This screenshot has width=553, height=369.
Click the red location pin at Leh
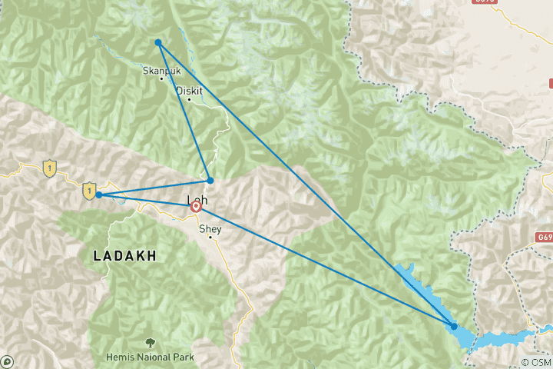tap(196, 206)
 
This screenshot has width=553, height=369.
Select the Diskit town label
tap(190, 91)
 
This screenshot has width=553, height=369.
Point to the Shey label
tap(210, 229)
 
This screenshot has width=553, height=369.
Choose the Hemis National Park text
tap(151, 357)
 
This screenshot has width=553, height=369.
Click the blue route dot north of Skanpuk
tap(157, 42)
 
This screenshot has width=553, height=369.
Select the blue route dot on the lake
tap(454, 327)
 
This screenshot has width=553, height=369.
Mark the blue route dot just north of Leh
tap(210, 181)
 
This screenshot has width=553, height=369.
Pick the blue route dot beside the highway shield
tap(99, 195)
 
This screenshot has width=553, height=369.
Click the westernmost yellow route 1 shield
tap(50, 166)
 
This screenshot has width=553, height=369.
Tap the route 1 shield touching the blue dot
tap(90, 188)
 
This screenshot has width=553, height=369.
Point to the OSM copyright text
tap(535, 361)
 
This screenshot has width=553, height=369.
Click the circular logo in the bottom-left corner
tap(7, 361)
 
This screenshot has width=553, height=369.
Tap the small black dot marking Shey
tap(210, 238)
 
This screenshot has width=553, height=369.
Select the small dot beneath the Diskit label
tap(189, 99)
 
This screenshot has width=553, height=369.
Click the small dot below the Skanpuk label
tap(161, 78)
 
